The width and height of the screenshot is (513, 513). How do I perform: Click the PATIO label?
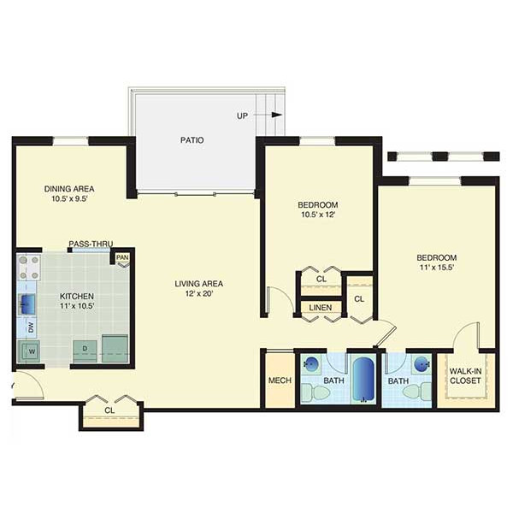[192, 140]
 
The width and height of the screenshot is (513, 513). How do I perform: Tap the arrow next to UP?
[268, 115]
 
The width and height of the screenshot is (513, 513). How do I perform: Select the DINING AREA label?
[69, 189]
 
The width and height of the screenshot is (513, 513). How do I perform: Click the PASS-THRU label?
[91, 244]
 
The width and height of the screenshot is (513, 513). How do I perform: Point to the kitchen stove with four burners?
[29, 268]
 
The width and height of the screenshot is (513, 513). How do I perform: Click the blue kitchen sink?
[27, 304]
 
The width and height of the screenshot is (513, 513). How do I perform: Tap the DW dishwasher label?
[31, 328]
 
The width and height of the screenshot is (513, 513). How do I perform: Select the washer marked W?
[29, 351]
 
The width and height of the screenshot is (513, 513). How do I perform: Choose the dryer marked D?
[85, 351]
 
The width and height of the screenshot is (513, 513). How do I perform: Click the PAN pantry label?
[122, 257]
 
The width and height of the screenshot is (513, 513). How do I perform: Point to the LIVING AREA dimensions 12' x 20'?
[199, 293]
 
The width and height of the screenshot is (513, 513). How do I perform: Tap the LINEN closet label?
[321, 308]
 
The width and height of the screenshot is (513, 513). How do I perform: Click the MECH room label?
[280, 380]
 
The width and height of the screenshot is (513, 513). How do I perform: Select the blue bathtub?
[363, 380]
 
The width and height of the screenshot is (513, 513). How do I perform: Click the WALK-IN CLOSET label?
[465, 376]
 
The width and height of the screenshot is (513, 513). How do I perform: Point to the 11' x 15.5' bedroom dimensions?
[436, 268]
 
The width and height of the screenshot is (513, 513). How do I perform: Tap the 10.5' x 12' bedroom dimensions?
[318, 215]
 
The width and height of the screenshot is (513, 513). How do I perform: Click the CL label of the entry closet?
[109, 410]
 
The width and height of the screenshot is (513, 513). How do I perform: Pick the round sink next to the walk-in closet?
[421, 364]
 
